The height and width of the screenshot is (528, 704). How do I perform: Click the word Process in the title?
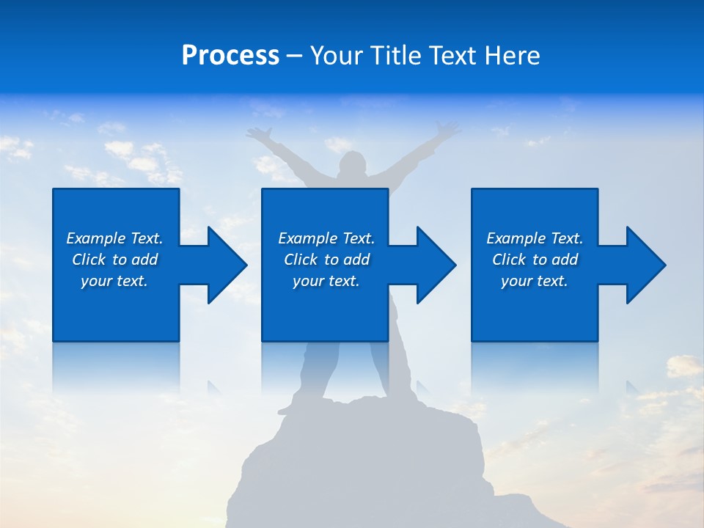230,56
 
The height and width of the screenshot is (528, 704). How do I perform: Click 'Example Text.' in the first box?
114,238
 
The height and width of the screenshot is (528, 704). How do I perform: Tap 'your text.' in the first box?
114,281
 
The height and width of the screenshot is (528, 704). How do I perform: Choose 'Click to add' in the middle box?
326,260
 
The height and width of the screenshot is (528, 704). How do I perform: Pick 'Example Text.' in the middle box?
326,238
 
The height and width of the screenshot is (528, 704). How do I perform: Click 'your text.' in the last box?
535,281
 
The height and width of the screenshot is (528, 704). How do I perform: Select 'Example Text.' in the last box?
535,238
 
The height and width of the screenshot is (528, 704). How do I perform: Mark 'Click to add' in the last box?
535,260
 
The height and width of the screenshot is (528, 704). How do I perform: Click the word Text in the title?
453,56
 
